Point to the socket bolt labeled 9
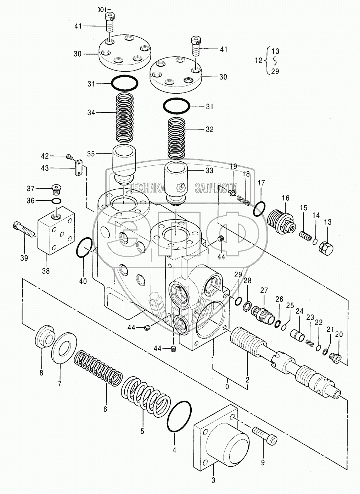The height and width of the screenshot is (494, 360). tap(265, 435)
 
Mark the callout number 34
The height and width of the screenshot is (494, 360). tap(91, 113)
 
